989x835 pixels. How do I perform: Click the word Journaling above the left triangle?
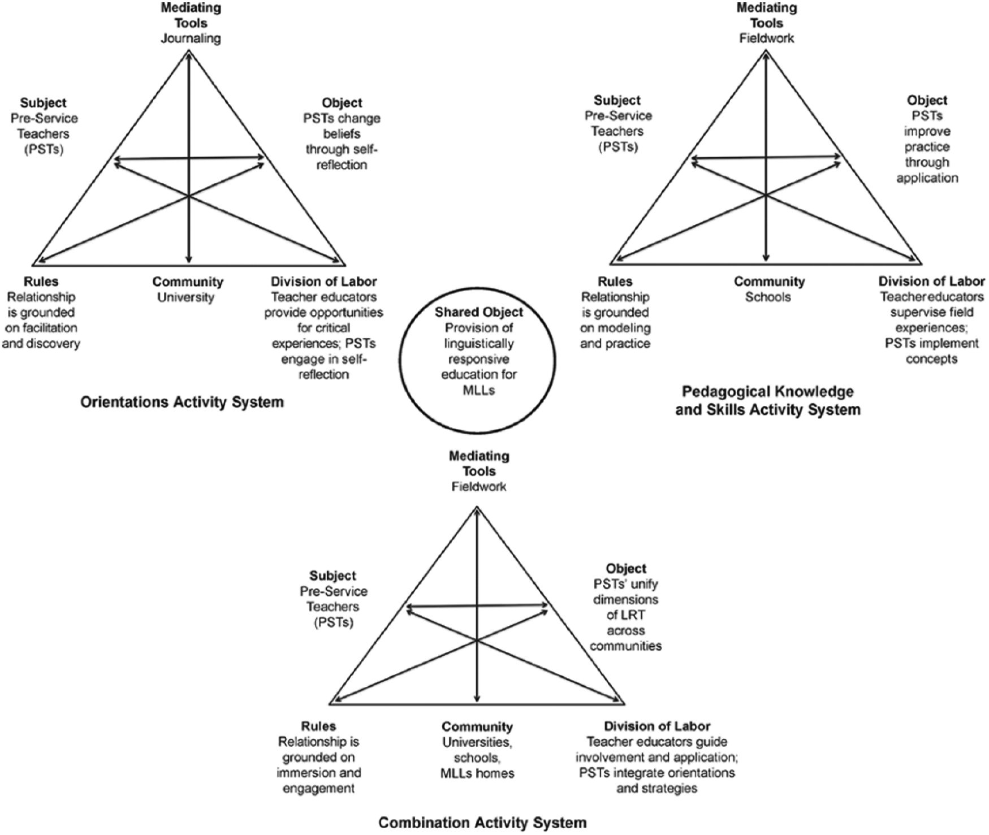191,39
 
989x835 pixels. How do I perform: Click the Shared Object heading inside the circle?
479,313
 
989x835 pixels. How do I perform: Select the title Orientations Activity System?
182,403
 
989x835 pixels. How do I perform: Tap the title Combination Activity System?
482,822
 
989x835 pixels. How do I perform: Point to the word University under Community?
186,297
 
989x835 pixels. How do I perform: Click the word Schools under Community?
768,297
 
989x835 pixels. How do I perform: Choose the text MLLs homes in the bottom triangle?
477,773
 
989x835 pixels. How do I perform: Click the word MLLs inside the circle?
479,390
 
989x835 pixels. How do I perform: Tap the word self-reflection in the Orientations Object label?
342,157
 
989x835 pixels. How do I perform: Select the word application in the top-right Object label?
927,178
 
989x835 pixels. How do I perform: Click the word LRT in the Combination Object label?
625,615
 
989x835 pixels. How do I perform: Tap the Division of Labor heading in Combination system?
657,726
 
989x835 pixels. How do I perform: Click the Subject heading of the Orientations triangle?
44,103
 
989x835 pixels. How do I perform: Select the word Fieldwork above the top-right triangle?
767,39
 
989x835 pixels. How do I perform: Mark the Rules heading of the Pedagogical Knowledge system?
615,282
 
